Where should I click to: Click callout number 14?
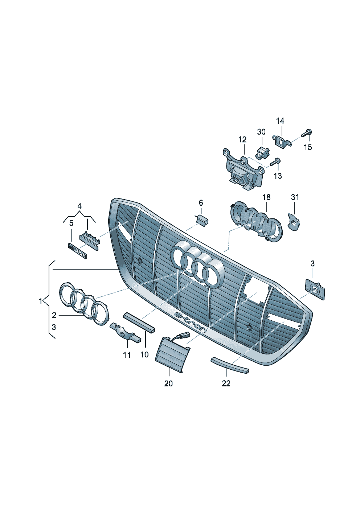click(x=280, y=121)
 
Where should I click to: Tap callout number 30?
click(x=261, y=132)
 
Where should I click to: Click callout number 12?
click(x=242, y=140)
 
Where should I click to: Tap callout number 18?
click(x=266, y=197)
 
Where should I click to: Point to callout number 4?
click(x=79, y=206)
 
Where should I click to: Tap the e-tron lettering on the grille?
click(x=191, y=321)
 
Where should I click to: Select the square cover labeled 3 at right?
click(x=315, y=289)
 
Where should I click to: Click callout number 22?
click(x=226, y=383)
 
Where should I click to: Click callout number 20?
click(x=168, y=383)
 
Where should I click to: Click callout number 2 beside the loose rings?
click(x=54, y=315)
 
